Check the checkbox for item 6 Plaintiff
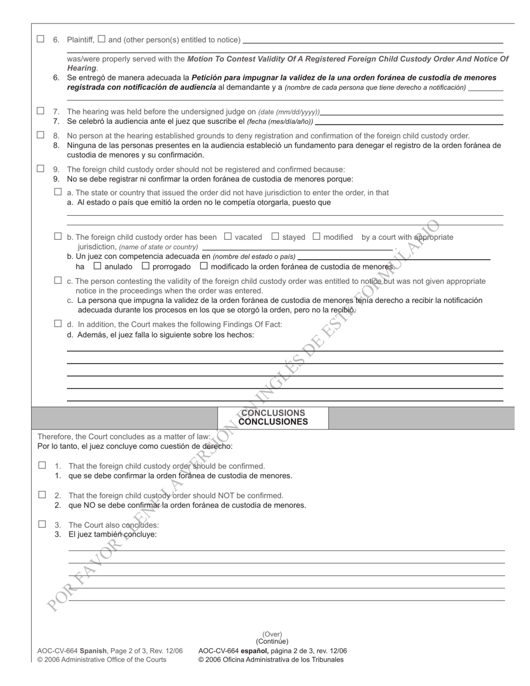41,39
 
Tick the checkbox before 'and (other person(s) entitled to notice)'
102,39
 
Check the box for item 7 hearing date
41,111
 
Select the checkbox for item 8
41,135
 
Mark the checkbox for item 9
41,168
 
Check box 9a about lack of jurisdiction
58,192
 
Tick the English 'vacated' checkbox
228,236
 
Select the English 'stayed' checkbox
275,236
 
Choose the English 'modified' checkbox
316,236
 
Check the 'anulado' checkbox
98,266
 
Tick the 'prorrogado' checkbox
146,266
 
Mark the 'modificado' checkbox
204,266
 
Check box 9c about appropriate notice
58,281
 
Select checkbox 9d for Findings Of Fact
58,323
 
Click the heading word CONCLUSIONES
273,422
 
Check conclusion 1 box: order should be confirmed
42,465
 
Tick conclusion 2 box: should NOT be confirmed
42,495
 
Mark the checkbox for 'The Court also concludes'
42,524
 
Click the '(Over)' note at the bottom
272,634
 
